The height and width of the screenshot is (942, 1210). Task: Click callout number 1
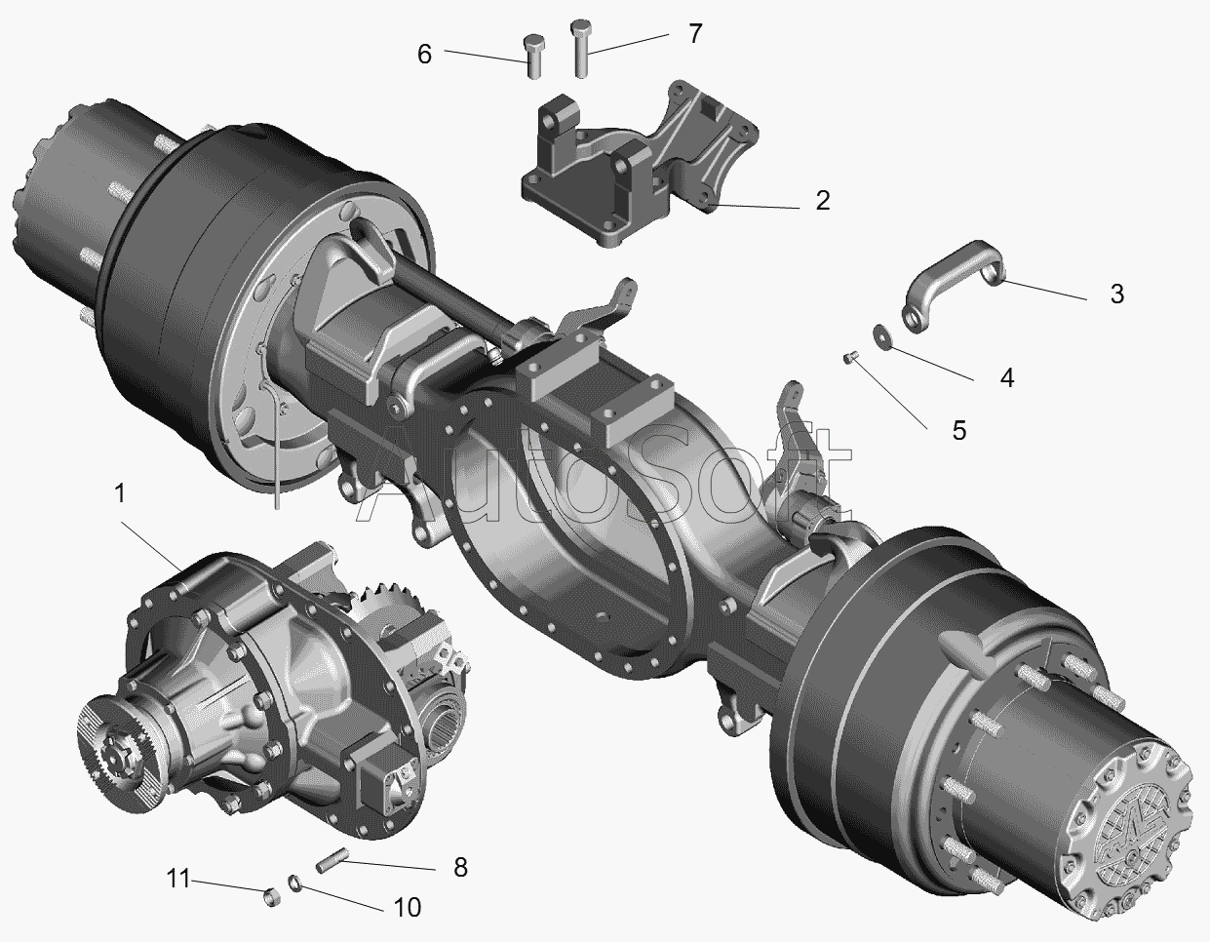120,493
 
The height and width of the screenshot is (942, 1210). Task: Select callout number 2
823,201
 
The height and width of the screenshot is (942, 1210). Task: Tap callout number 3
1116,294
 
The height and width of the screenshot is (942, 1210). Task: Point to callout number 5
958,430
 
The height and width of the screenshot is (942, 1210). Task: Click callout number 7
695,34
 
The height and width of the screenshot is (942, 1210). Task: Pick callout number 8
460,867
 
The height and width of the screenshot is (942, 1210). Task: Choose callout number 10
407,908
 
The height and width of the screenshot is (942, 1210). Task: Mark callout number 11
178,879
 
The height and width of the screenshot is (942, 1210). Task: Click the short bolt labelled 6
534,57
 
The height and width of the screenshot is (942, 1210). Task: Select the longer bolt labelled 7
581,49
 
